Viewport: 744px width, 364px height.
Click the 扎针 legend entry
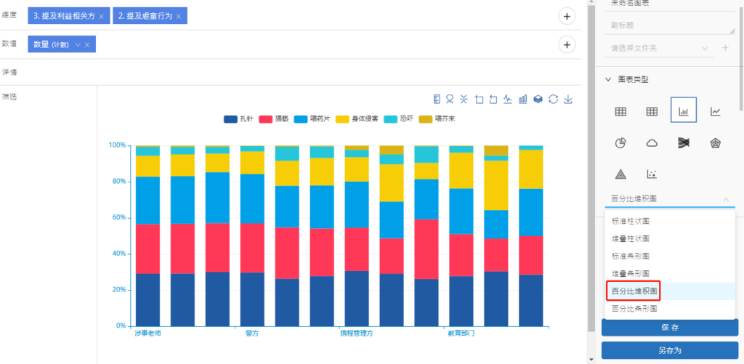coord(239,118)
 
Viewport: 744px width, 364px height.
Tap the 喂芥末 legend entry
coord(436,118)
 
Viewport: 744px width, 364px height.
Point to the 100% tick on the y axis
coord(117,145)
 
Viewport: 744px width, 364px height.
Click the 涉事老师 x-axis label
coord(147,333)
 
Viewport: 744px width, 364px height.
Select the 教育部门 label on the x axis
coord(461,333)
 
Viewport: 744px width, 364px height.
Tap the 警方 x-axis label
coord(252,333)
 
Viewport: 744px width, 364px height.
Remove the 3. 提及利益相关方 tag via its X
coord(101,16)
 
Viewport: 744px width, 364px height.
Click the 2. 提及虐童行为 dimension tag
coord(145,16)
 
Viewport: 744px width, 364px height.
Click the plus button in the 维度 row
coord(567,16)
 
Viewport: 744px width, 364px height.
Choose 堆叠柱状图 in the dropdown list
coord(631,238)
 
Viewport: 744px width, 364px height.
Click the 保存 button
coord(669,328)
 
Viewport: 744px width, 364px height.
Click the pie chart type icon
coord(620,143)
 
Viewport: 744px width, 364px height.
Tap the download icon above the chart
coord(568,100)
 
